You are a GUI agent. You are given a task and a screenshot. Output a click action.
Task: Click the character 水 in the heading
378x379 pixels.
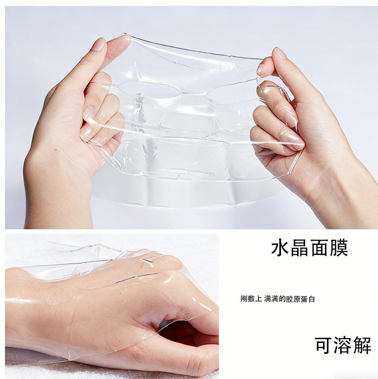280,247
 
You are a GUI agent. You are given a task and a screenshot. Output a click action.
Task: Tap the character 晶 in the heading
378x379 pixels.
299,247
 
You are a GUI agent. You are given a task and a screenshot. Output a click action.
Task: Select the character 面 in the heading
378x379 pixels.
319,247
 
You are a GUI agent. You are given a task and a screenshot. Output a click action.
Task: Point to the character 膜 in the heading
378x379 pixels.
338,247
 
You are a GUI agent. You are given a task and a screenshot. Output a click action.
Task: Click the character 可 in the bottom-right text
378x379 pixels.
324,345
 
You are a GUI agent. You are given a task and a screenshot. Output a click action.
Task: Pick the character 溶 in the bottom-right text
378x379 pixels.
343,345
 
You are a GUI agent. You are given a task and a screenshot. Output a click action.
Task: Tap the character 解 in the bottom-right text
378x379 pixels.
362,345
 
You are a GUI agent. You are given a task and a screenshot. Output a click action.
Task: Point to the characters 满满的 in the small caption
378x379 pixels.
275,299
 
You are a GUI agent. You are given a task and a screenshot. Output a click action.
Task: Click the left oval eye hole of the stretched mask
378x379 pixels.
149,90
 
